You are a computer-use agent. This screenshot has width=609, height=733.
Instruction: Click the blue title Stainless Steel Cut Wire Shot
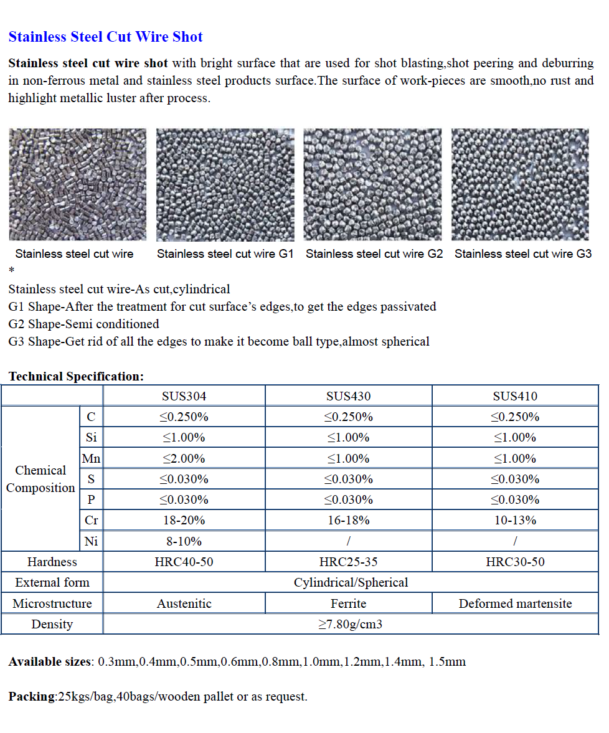[105, 37]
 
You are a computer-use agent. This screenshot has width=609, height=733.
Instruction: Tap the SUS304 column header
[184, 396]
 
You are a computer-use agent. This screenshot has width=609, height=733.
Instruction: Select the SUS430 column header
[348, 396]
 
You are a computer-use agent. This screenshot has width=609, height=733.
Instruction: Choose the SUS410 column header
[515, 396]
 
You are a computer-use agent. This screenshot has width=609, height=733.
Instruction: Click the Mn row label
[91, 458]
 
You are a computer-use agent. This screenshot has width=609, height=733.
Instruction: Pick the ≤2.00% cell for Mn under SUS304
[184, 458]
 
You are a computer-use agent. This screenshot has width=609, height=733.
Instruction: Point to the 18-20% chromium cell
[184, 521]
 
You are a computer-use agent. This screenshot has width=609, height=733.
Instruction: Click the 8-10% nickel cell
[184, 541]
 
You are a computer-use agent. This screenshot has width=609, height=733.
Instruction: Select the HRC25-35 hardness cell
[348, 562]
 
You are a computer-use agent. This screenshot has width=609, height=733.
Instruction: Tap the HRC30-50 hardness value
[515, 562]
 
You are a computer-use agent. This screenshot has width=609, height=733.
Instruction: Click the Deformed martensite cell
[515, 603]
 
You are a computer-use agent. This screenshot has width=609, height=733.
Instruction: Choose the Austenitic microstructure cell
[184, 603]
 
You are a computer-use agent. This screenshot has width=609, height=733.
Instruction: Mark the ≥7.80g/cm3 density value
[351, 624]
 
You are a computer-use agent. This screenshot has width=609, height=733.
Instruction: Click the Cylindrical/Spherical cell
[351, 583]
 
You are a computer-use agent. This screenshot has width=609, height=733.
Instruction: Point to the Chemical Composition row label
[40, 479]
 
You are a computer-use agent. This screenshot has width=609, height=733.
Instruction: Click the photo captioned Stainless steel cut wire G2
[372, 184]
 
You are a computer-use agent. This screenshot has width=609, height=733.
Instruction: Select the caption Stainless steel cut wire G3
[522, 254]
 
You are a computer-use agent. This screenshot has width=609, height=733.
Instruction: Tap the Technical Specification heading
[76, 376]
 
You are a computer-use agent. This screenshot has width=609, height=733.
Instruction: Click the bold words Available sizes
[50, 661]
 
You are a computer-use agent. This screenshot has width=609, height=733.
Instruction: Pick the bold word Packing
[32, 696]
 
